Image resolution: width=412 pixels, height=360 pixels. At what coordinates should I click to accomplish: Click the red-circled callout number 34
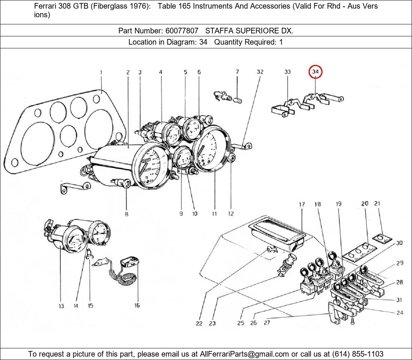coord(315,71)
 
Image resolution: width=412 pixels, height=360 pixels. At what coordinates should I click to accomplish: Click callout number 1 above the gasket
coord(101,72)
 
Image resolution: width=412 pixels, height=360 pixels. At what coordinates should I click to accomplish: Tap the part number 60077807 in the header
coord(182,31)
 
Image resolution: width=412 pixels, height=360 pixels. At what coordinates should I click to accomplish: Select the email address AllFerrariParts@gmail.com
coord(245,354)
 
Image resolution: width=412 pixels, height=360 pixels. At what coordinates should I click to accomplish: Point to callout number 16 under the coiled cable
coord(137,305)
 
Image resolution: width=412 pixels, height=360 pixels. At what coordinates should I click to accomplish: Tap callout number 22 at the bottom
coord(199,323)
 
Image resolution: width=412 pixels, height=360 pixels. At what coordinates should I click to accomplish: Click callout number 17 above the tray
coord(302,204)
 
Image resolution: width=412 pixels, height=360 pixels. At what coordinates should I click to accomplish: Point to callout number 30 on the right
coord(399,243)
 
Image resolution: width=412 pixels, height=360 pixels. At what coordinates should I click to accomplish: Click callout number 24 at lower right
coord(400,312)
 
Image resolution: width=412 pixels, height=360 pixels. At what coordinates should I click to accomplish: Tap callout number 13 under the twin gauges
coord(61,306)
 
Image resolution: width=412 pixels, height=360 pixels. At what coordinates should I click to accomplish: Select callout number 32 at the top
coord(260,72)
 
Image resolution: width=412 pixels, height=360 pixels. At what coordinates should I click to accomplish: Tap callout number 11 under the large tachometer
coord(214,214)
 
